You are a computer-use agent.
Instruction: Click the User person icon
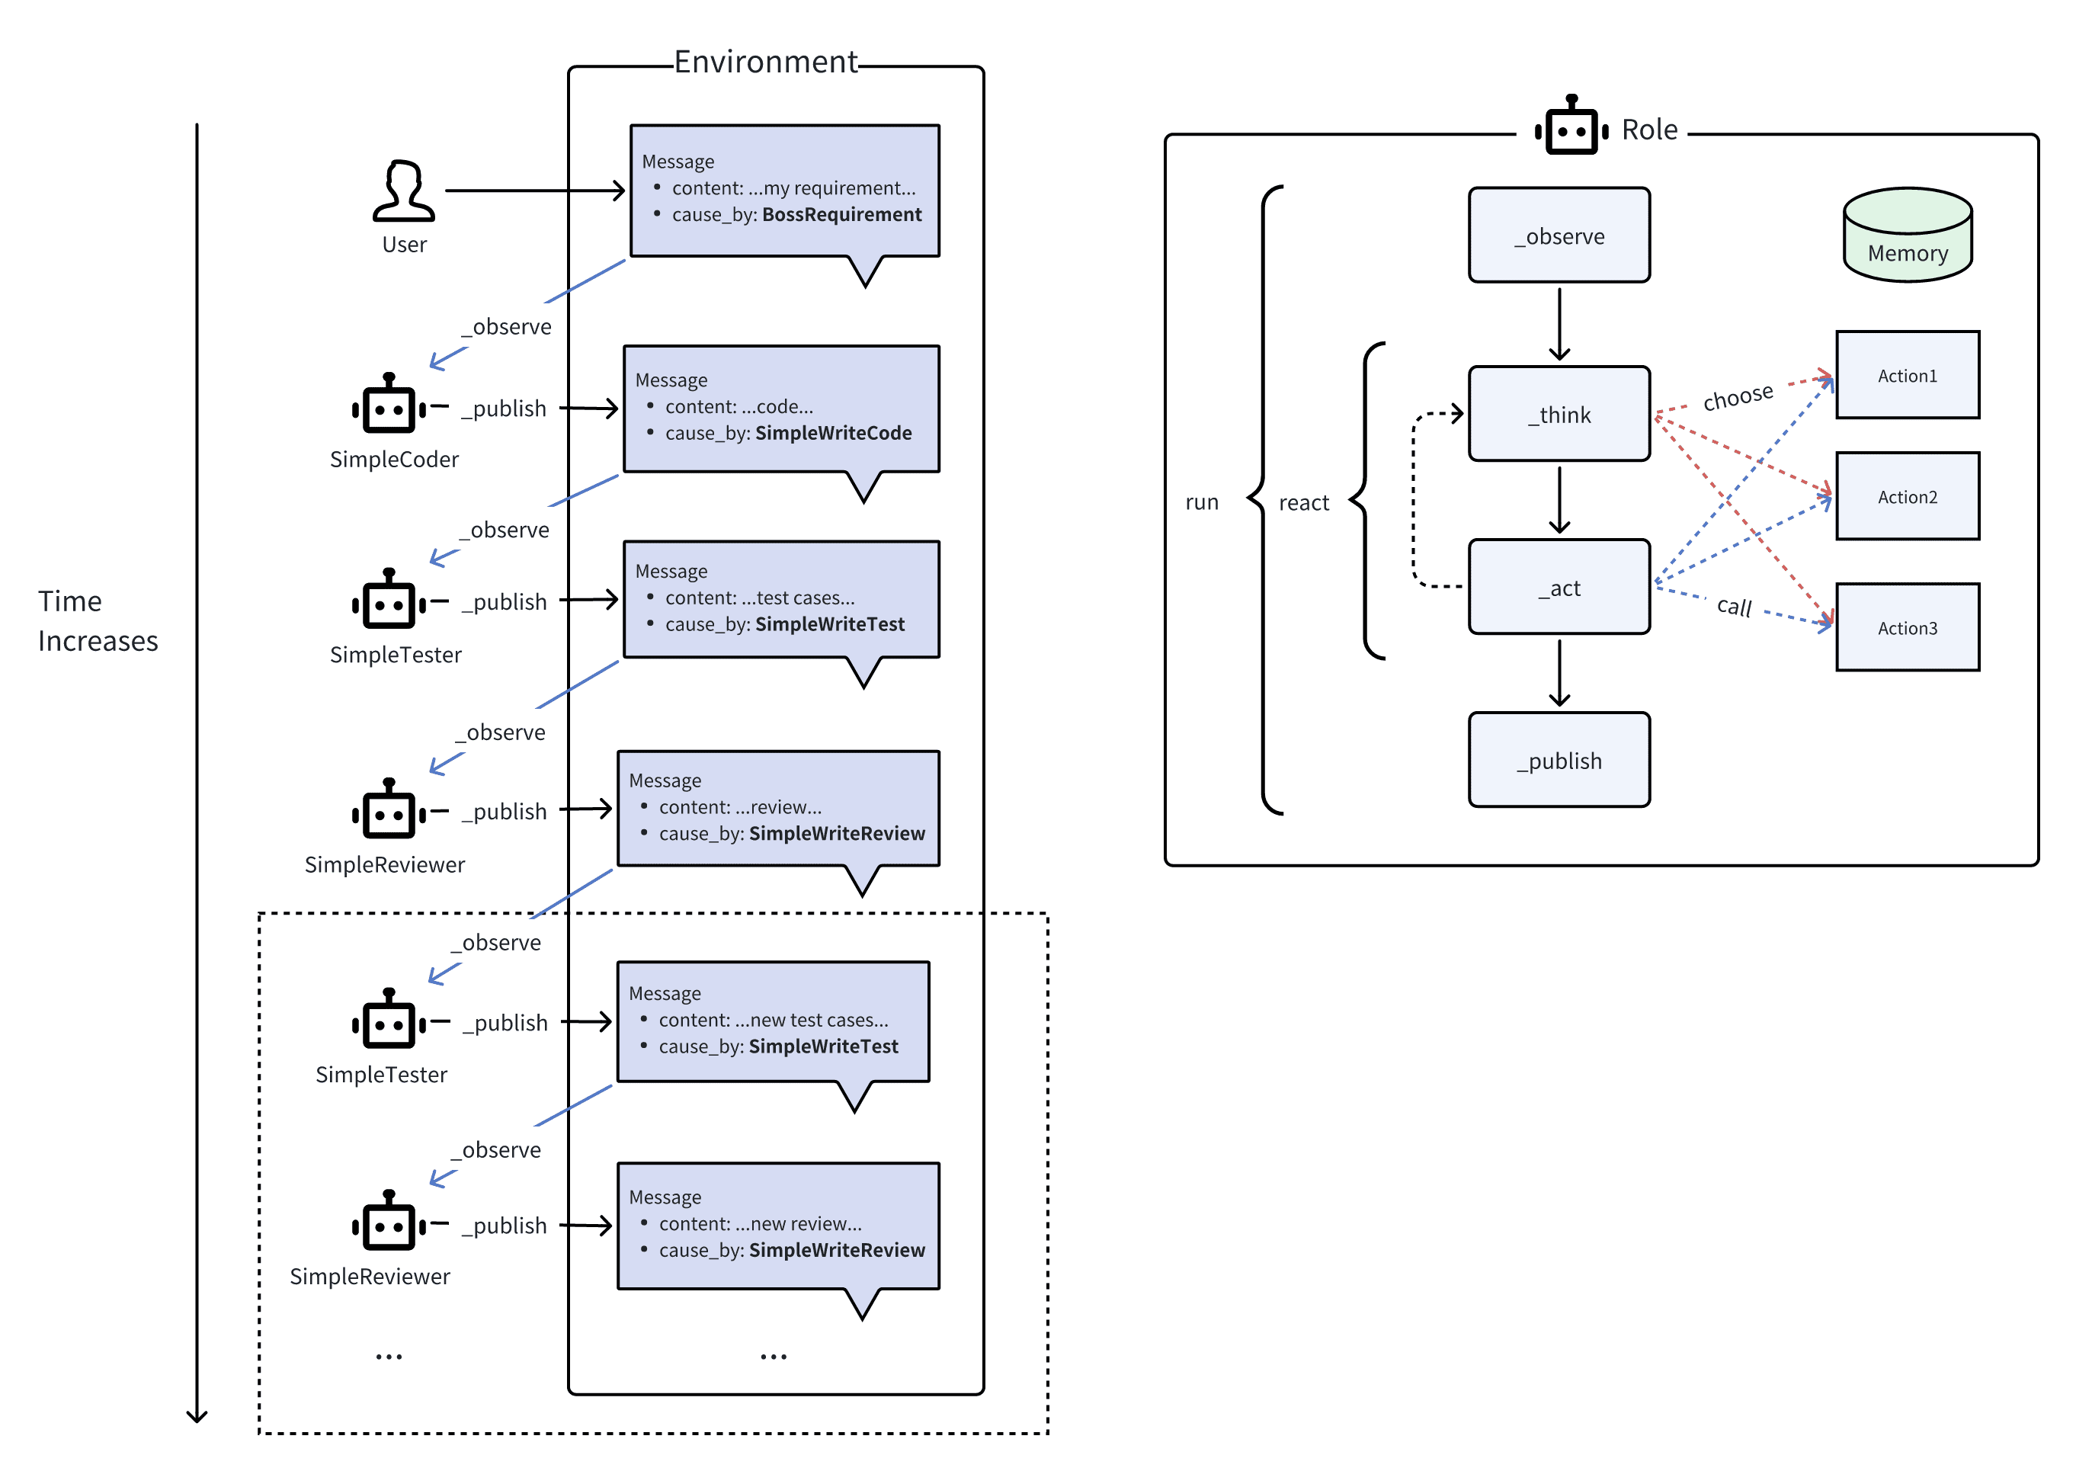point(403,191)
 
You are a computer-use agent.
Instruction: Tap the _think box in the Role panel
point(1558,414)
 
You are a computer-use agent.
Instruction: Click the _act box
point(1558,587)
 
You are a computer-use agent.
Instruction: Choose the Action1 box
point(1907,375)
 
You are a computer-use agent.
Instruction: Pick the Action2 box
point(1907,496)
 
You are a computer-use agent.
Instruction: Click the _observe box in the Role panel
point(1558,236)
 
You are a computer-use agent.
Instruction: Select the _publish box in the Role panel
point(1558,760)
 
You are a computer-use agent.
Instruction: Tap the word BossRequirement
point(841,215)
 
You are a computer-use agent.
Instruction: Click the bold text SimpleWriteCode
point(833,433)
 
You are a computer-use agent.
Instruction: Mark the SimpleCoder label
point(394,460)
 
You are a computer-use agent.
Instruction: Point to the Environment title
point(765,62)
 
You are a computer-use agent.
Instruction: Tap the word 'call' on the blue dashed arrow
point(1734,606)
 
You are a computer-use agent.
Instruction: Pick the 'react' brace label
point(1303,503)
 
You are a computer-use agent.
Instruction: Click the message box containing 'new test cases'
point(773,1021)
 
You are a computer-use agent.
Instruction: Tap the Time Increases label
point(98,620)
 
